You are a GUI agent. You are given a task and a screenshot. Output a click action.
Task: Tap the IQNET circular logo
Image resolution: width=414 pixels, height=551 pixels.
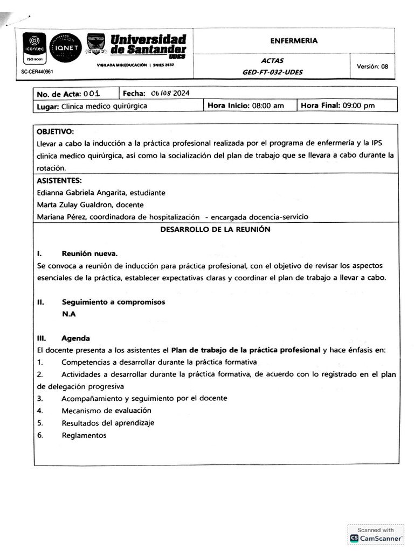65,47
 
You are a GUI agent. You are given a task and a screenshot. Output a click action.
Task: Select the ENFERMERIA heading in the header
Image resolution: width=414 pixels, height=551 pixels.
294,40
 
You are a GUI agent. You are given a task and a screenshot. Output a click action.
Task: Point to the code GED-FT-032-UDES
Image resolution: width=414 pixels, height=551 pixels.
272,72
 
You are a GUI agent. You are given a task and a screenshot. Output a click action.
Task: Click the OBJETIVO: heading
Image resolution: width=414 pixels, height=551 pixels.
55,132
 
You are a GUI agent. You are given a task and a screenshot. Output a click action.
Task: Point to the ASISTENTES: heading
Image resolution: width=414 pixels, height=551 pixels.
59,180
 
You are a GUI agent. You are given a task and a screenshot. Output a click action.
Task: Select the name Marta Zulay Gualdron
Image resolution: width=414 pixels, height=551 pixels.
74,205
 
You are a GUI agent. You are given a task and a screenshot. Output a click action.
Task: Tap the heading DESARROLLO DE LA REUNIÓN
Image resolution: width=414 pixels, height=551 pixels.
215,230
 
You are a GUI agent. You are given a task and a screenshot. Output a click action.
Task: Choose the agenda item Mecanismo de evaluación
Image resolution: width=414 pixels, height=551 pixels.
106,411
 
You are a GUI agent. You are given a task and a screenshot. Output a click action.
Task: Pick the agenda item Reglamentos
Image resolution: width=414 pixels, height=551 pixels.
84,435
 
